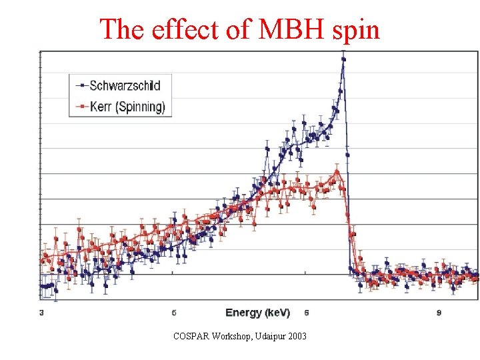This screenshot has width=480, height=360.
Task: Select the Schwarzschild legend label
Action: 125,85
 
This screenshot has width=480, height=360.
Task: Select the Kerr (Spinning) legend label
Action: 127,106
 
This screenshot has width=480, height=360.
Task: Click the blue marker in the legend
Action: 81,85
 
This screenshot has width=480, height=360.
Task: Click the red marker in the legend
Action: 81,106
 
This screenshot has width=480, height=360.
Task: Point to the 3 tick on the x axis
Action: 42,312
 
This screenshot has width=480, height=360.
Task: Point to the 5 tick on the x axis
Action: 174,312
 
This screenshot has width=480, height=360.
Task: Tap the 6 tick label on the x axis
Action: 306,312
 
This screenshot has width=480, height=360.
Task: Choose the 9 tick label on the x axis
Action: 439,312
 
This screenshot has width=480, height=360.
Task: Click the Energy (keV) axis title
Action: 257,312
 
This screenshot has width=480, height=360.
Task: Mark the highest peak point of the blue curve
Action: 343,59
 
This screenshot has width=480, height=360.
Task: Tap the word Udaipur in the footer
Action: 267,336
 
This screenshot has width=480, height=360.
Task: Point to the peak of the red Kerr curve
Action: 337,172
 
